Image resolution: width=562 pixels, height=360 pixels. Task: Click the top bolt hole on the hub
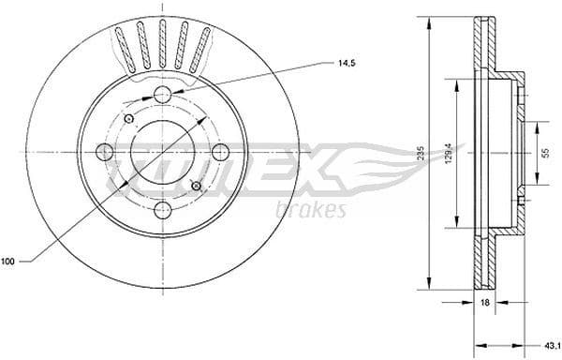click(x=162, y=94)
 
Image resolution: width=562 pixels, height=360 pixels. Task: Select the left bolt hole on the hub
click(x=104, y=152)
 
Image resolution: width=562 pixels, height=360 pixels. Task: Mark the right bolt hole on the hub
click(x=220, y=152)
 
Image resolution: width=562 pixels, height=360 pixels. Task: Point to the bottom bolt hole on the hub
click(x=162, y=210)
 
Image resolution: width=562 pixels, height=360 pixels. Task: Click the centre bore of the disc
click(x=162, y=152)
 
